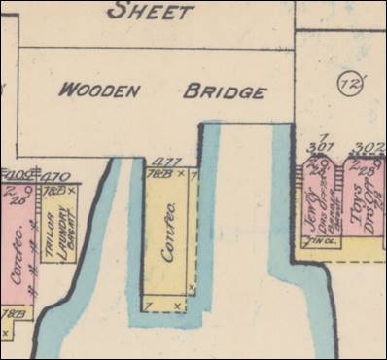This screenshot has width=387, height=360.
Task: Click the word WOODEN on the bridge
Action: click(x=101, y=90)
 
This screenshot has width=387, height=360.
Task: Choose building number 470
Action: click(x=54, y=177)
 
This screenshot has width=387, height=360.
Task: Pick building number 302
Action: click(x=369, y=149)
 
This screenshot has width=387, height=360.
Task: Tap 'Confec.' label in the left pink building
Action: click(x=17, y=254)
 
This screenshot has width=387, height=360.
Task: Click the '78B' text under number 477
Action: click(x=152, y=174)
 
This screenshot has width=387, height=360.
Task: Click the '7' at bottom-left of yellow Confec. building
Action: click(x=147, y=306)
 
